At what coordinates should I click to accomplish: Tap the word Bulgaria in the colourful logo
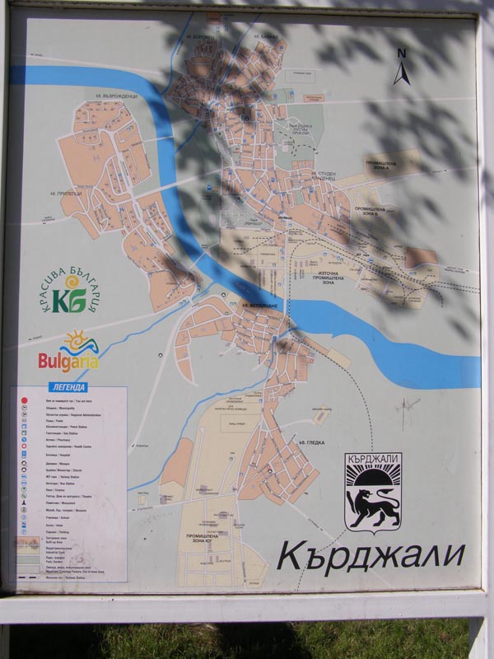68,361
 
